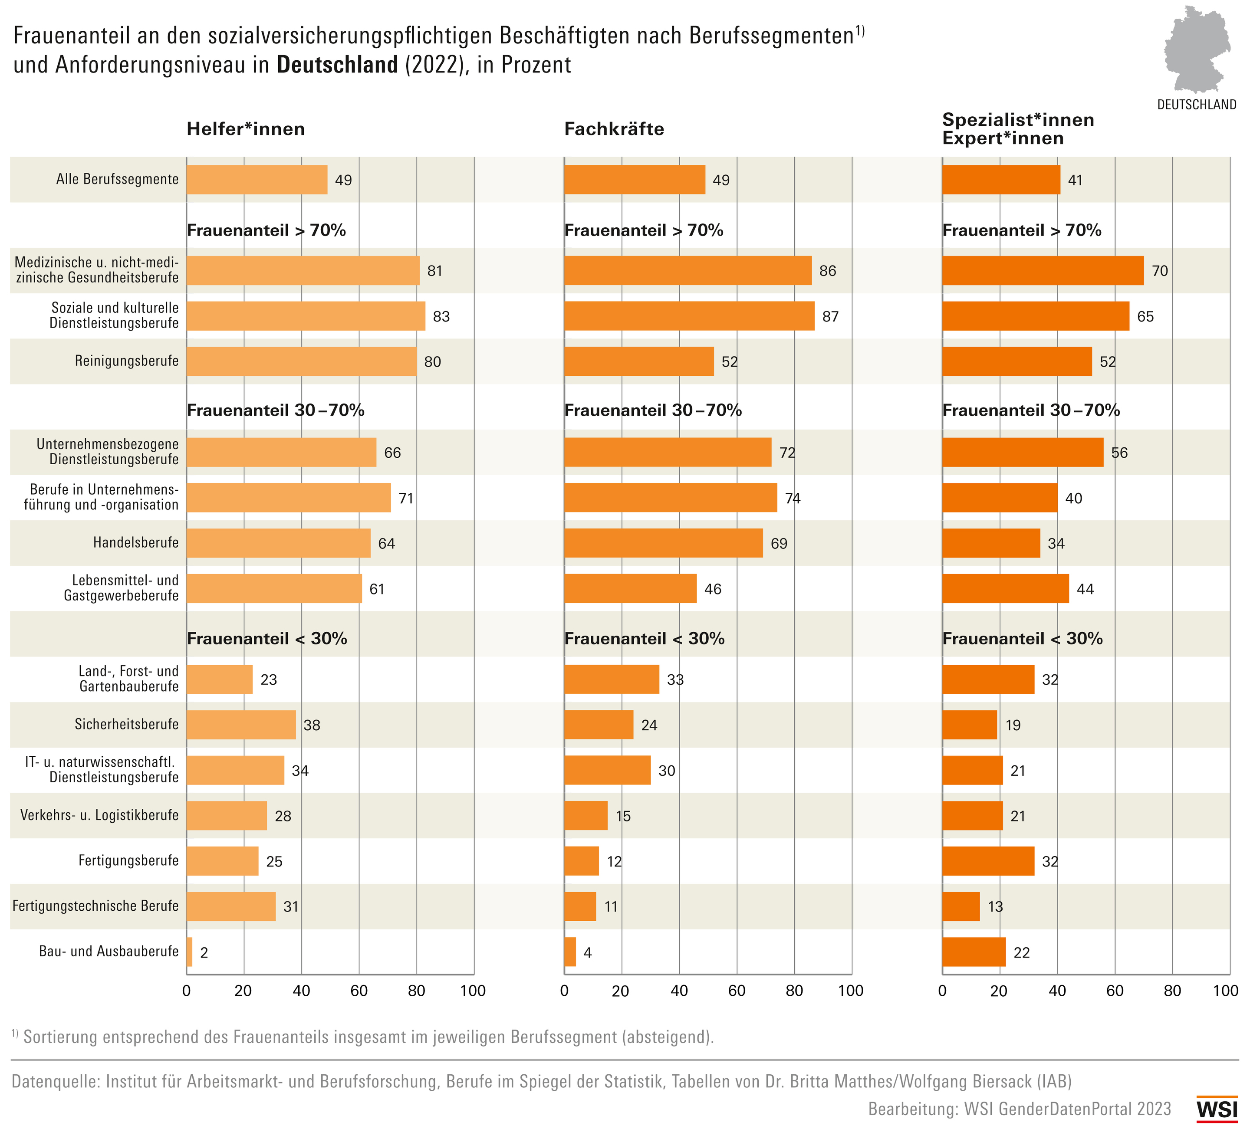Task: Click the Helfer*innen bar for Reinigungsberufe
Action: click(x=301, y=361)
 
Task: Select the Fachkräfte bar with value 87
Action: click(x=689, y=316)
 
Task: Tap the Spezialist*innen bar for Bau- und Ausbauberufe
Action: click(x=974, y=952)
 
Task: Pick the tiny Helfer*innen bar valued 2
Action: click(x=190, y=952)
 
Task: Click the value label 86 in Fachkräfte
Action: click(x=827, y=271)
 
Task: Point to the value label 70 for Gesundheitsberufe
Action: click(x=1159, y=271)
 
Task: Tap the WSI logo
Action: click(x=1217, y=1109)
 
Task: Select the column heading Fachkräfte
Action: click(x=614, y=129)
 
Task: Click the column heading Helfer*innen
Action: click(x=246, y=129)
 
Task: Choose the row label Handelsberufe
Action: click(x=136, y=543)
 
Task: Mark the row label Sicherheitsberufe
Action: click(x=126, y=724)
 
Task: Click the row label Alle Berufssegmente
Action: click(x=117, y=180)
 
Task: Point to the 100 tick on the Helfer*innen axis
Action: click(x=473, y=991)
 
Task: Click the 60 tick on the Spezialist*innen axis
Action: click(x=1114, y=991)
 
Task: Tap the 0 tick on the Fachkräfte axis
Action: click(x=564, y=991)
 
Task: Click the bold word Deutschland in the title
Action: click(x=337, y=65)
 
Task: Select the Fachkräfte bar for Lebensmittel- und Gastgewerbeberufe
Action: click(x=630, y=588)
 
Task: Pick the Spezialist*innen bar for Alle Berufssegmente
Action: click(x=1001, y=180)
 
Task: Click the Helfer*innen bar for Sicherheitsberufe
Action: click(x=241, y=724)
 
